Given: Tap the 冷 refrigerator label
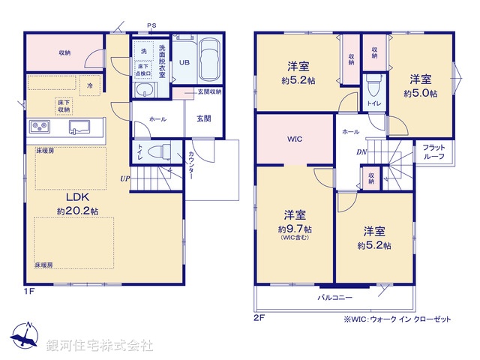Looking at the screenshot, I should (x=89, y=85).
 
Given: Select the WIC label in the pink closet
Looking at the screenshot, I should (x=294, y=139).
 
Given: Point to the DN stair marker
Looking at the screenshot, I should (x=361, y=152).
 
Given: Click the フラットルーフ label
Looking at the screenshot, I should (x=434, y=152).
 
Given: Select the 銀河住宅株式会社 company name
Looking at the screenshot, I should (x=99, y=346).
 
